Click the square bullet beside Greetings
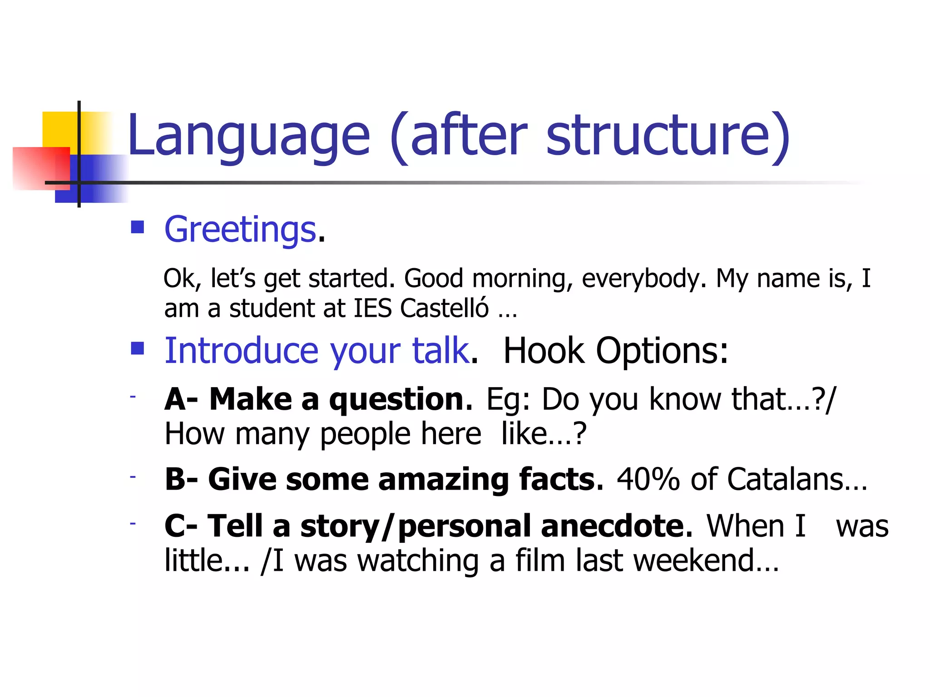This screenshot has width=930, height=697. coord(137,227)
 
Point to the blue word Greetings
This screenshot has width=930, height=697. coord(240,230)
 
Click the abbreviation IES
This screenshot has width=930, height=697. coord(372,309)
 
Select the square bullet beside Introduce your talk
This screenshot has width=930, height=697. coord(137,348)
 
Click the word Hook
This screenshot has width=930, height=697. coord(544,351)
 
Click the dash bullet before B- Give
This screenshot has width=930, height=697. coord(133,477)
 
